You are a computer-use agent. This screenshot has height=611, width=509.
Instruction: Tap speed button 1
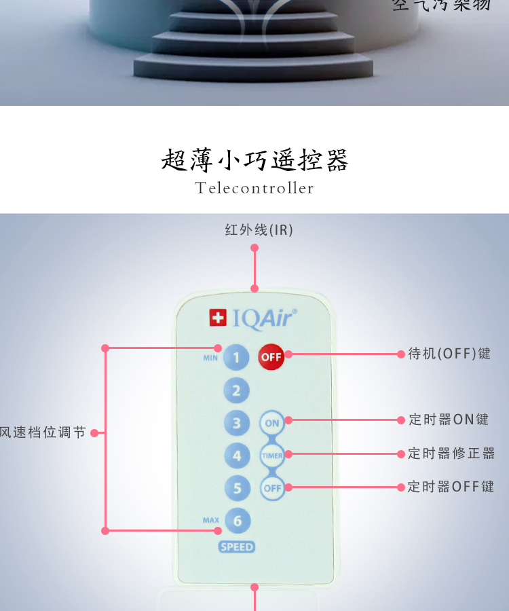coord(237,356)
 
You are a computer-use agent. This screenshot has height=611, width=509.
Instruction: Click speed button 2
coord(237,390)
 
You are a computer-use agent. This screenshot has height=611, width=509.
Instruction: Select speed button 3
coord(237,423)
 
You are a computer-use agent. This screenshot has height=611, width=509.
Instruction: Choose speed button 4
coord(237,456)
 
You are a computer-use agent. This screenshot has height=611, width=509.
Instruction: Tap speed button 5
coord(237,488)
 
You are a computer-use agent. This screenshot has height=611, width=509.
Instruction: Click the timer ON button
coord(272,423)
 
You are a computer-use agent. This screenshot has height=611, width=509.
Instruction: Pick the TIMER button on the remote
coord(272,456)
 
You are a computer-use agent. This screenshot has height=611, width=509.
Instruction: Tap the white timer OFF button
coord(272,488)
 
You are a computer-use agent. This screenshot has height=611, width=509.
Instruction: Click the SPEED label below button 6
coord(237,547)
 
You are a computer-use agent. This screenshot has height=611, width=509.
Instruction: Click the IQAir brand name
coord(265,318)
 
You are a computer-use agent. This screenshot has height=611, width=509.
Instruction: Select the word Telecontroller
coord(254,188)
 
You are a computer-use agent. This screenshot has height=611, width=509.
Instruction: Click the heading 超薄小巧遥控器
coord(254,160)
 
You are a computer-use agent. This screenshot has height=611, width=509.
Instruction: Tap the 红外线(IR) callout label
coord(259,230)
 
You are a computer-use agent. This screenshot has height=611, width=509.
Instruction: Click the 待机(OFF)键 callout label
coord(449,354)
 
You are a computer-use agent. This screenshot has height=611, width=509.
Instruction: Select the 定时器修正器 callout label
coord(451,453)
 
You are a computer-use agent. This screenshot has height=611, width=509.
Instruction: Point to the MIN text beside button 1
coord(210,358)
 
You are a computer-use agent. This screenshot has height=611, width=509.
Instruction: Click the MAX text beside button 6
coord(211,521)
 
